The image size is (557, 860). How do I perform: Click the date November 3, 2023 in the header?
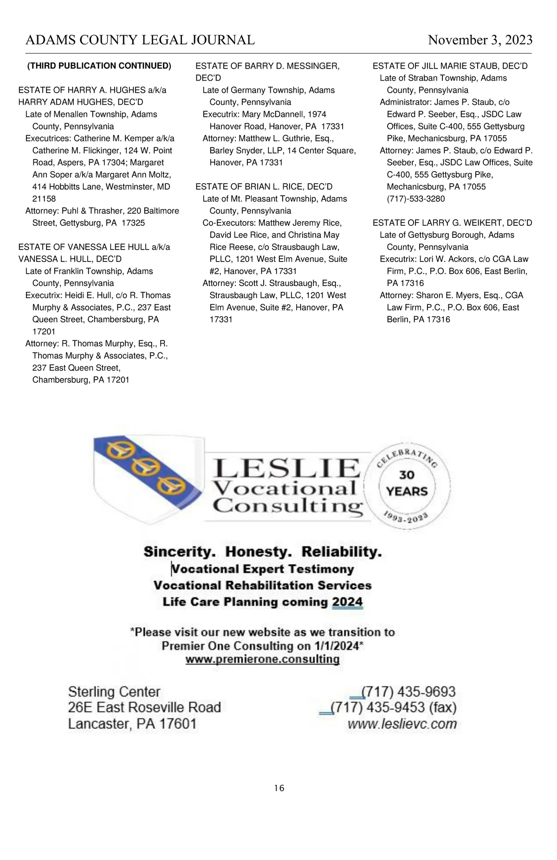point(480,40)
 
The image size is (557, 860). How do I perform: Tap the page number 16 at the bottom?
point(279,788)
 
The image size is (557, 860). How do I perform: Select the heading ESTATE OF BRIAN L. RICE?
point(264,187)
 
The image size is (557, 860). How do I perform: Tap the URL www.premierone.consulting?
point(262,659)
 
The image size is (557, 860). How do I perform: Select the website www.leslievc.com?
point(402,724)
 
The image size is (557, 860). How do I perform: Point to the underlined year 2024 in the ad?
point(347,602)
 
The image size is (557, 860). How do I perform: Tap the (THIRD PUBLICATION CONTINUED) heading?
point(99,66)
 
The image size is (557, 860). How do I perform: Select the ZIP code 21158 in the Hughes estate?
point(44,199)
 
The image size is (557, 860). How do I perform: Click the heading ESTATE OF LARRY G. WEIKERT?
point(452,223)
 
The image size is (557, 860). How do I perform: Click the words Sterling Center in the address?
point(114,692)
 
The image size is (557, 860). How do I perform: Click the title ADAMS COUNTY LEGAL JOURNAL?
point(140,40)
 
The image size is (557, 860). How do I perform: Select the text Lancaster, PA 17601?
point(132,724)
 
